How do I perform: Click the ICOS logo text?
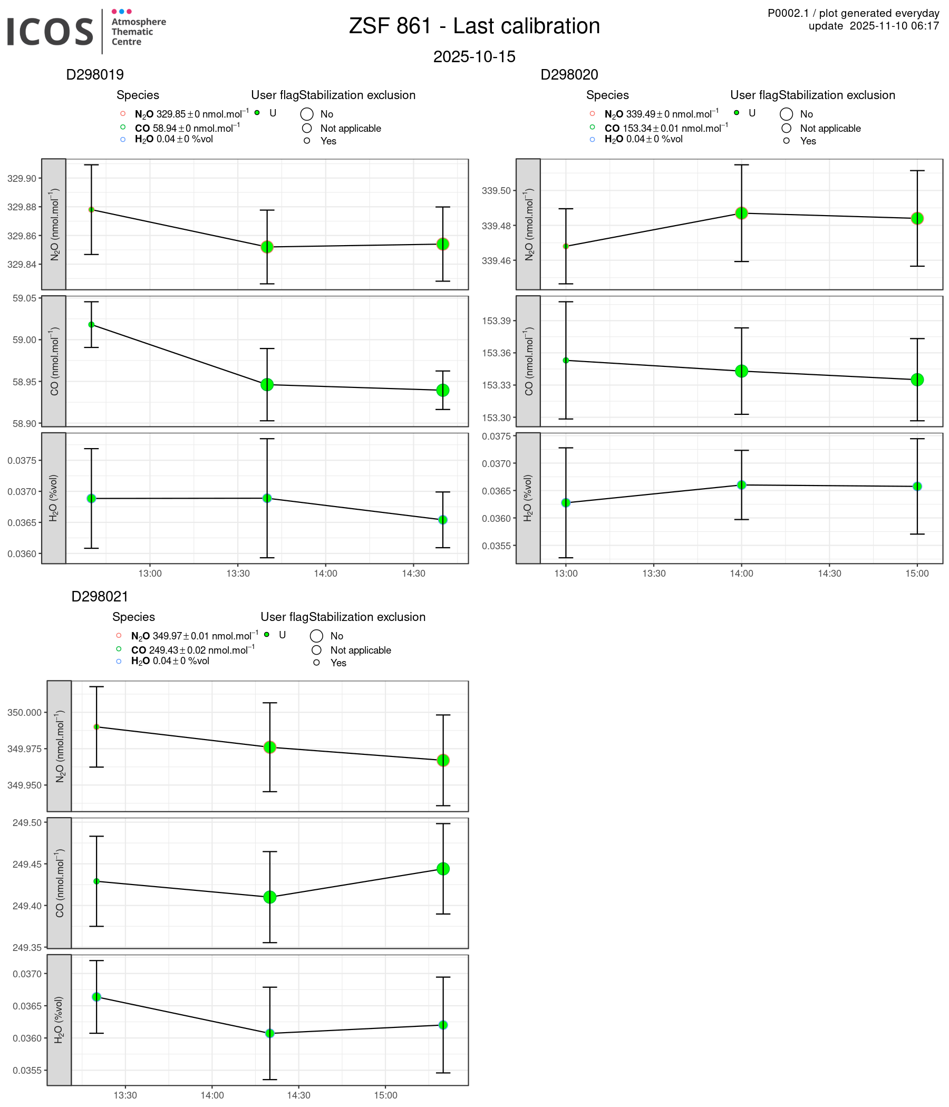tap(50, 32)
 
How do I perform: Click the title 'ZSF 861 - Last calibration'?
tap(474, 26)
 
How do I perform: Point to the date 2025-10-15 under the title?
tap(474, 56)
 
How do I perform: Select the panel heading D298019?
tap(94, 75)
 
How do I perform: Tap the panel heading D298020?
tap(569, 75)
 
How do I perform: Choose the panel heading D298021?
tap(100, 597)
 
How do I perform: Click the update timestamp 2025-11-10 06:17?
tap(894, 26)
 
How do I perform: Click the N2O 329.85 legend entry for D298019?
tap(191, 114)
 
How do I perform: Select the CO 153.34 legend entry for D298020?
tap(666, 128)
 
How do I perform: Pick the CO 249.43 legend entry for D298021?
tap(192, 650)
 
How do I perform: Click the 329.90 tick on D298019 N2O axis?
tap(22, 179)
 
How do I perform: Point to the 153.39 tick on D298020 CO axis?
tap(497, 321)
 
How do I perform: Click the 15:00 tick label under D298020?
tap(917, 574)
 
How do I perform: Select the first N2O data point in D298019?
tap(91, 210)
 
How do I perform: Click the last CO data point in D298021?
tap(443, 869)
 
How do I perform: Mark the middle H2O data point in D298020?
tap(742, 485)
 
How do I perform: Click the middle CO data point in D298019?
tap(267, 385)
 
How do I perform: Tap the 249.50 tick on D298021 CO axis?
tap(27, 823)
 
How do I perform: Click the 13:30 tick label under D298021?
tap(125, 1096)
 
